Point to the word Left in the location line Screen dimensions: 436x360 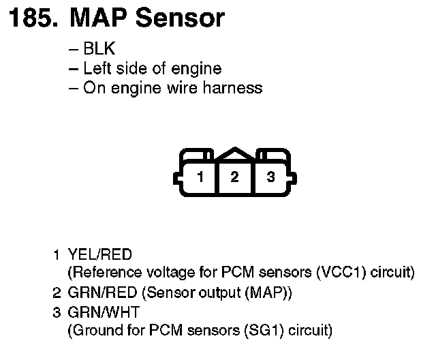96,69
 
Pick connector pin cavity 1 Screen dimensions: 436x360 200,177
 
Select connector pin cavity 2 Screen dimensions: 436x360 234,177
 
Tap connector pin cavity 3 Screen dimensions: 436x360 270,177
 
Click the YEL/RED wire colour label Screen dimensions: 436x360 100,255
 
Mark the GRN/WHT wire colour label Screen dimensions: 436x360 101,313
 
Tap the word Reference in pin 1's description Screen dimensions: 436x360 104,273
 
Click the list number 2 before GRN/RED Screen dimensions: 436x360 57,294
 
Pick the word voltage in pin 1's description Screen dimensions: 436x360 164,273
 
